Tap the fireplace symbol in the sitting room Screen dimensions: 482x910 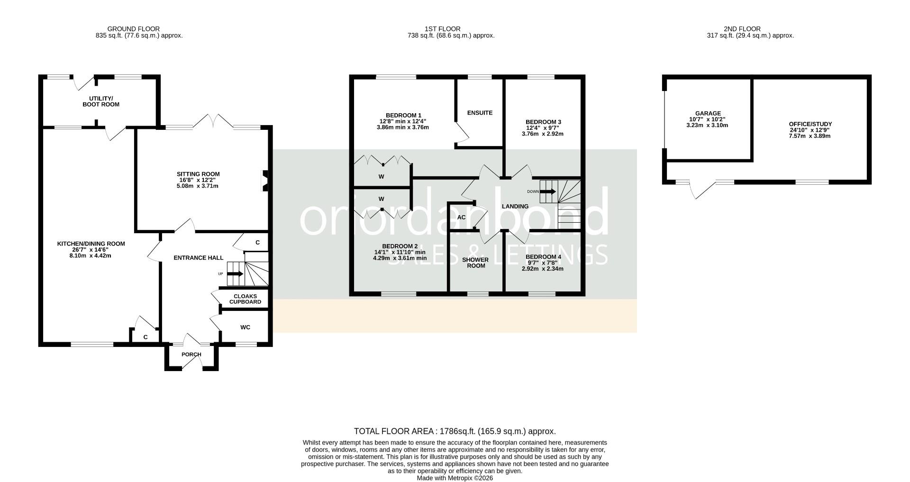(x=265, y=181)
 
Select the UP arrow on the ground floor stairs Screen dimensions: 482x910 (x=236, y=274)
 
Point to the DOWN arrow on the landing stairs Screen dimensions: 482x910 (x=548, y=191)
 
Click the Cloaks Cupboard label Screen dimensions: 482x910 (x=245, y=299)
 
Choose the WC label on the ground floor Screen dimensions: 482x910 (x=245, y=327)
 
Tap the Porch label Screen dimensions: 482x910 (x=191, y=355)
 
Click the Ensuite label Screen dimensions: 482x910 (x=480, y=113)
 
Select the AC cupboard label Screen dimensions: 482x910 (x=461, y=218)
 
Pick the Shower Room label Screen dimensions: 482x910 (x=475, y=263)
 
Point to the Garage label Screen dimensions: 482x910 (x=708, y=113)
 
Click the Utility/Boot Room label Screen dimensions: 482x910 (x=101, y=101)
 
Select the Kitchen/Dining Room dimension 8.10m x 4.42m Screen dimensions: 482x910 (x=91, y=256)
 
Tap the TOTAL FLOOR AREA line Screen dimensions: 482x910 (x=455, y=431)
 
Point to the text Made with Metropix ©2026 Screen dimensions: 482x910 (x=455, y=478)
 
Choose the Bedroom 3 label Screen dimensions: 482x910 (x=543, y=122)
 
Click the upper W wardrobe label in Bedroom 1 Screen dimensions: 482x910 (x=381, y=177)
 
